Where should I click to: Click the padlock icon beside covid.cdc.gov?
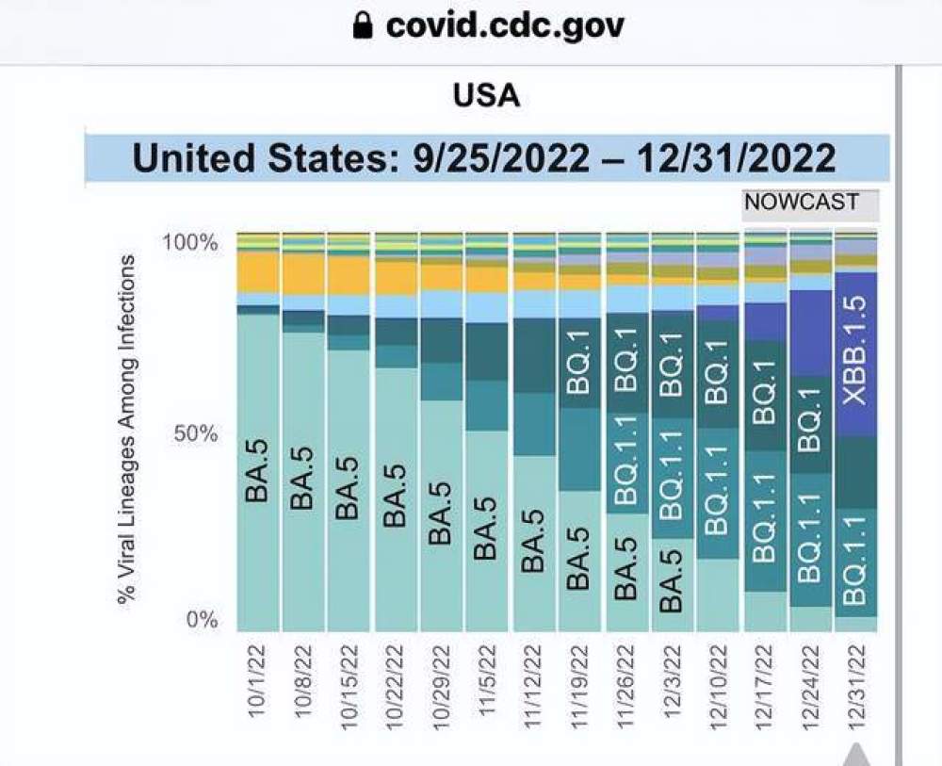point(363,26)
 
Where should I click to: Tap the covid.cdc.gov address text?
point(505,25)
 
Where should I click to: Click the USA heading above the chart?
point(485,95)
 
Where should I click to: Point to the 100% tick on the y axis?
point(190,242)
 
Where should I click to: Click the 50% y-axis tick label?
point(196,434)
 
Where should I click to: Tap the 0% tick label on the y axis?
point(201,621)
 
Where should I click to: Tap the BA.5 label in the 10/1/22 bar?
point(258,474)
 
